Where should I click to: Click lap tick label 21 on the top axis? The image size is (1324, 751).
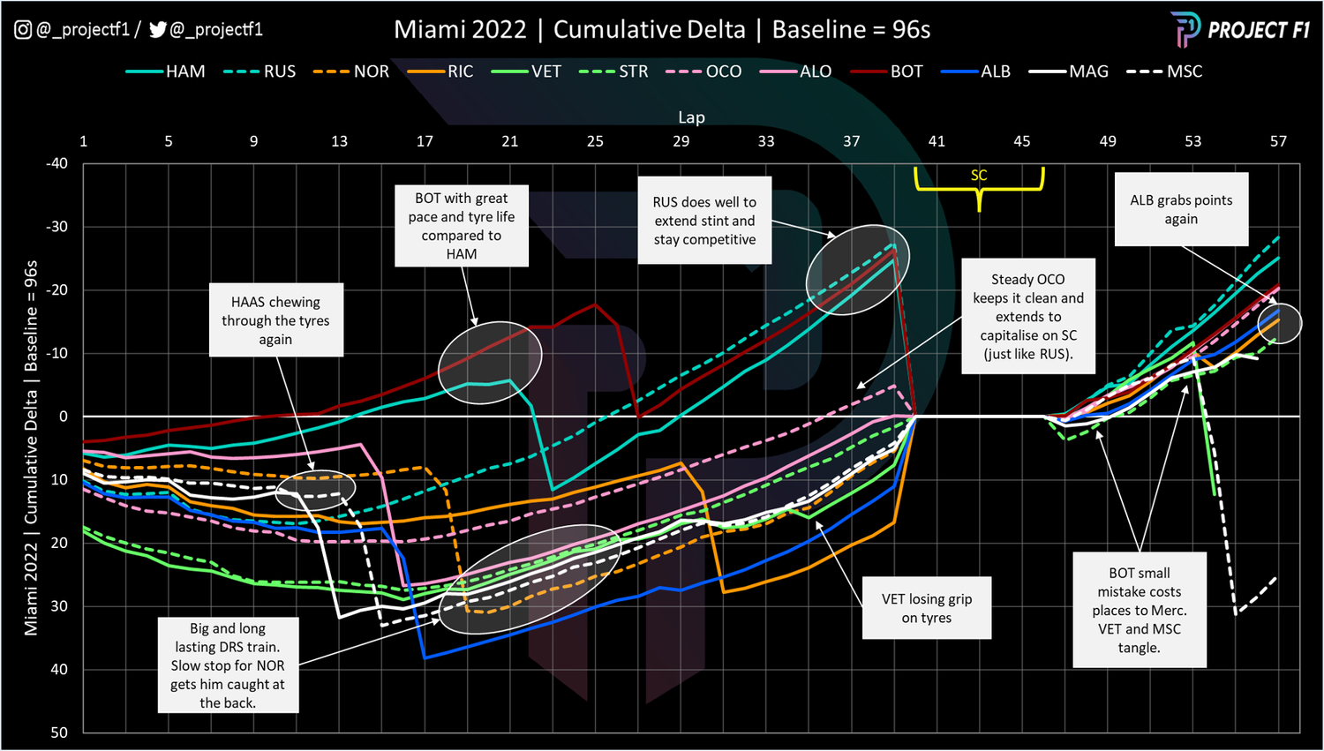[510, 141]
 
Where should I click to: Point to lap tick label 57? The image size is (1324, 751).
[1278, 141]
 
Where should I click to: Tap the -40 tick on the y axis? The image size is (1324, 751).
[56, 163]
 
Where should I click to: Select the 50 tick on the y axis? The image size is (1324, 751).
[59, 732]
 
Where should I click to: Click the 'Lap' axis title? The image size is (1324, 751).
[691, 117]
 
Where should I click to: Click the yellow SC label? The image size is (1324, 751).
[979, 176]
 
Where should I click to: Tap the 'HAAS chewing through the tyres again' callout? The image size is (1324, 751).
[275, 320]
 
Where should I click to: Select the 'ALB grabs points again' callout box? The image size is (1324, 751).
[1181, 209]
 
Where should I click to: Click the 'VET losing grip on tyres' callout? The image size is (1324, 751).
[927, 608]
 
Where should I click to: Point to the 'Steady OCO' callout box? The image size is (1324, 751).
[1028, 316]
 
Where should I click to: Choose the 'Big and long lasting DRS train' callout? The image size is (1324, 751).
[228, 665]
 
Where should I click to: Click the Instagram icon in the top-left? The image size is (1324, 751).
[23, 30]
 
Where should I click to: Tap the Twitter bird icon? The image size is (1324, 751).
[158, 30]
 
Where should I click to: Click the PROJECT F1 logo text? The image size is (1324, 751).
[1258, 30]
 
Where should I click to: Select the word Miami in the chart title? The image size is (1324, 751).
[427, 30]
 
